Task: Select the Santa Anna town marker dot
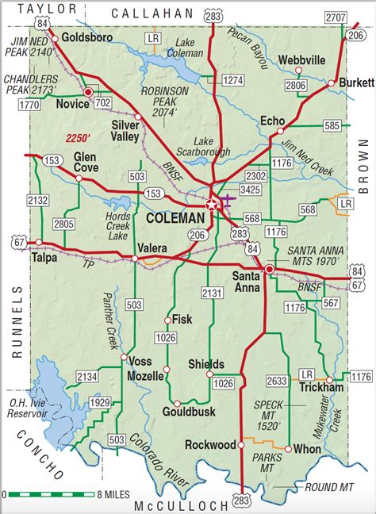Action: tap(270, 270)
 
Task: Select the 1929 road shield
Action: tap(99, 404)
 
